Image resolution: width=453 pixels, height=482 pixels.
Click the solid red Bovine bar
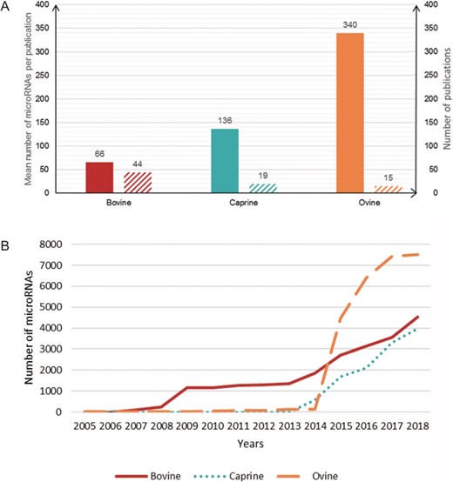coord(99,177)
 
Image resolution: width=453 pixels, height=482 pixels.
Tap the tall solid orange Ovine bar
coord(349,112)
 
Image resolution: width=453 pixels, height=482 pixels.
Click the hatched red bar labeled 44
coord(138,182)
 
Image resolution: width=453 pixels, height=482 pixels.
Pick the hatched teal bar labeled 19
coord(263,188)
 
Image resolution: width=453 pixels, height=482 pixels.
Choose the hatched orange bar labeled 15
coord(389,189)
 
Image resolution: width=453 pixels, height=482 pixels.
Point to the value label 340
coord(349,26)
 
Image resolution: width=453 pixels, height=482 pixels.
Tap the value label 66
coord(99,154)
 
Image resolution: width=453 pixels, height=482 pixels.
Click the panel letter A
coord(6,7)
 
